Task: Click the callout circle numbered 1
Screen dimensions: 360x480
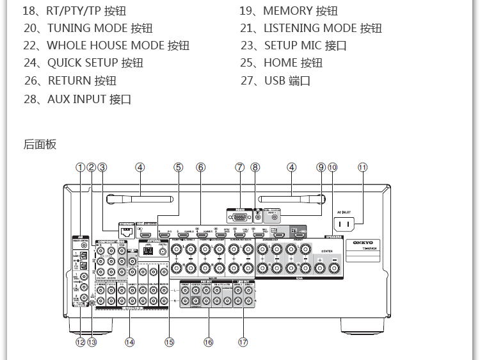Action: pos(80,167)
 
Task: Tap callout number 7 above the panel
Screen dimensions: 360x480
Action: pos(239,167)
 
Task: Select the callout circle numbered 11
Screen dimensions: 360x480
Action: pos(363,167)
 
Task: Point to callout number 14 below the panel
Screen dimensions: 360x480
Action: pos(130,342)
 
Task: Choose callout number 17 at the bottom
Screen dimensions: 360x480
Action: pos(243,342)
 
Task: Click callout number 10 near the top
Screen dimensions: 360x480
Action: pos(332,167)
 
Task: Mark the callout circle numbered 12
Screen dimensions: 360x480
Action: pos(80,342)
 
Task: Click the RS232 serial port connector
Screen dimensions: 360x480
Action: pos(239,217)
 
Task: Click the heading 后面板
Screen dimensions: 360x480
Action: pos(40,144)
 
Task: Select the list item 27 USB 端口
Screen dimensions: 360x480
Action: pos(276,81)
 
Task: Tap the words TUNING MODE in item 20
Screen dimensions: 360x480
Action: pos(87,28)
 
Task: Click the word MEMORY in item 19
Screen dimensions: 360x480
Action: pos(287,11)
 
